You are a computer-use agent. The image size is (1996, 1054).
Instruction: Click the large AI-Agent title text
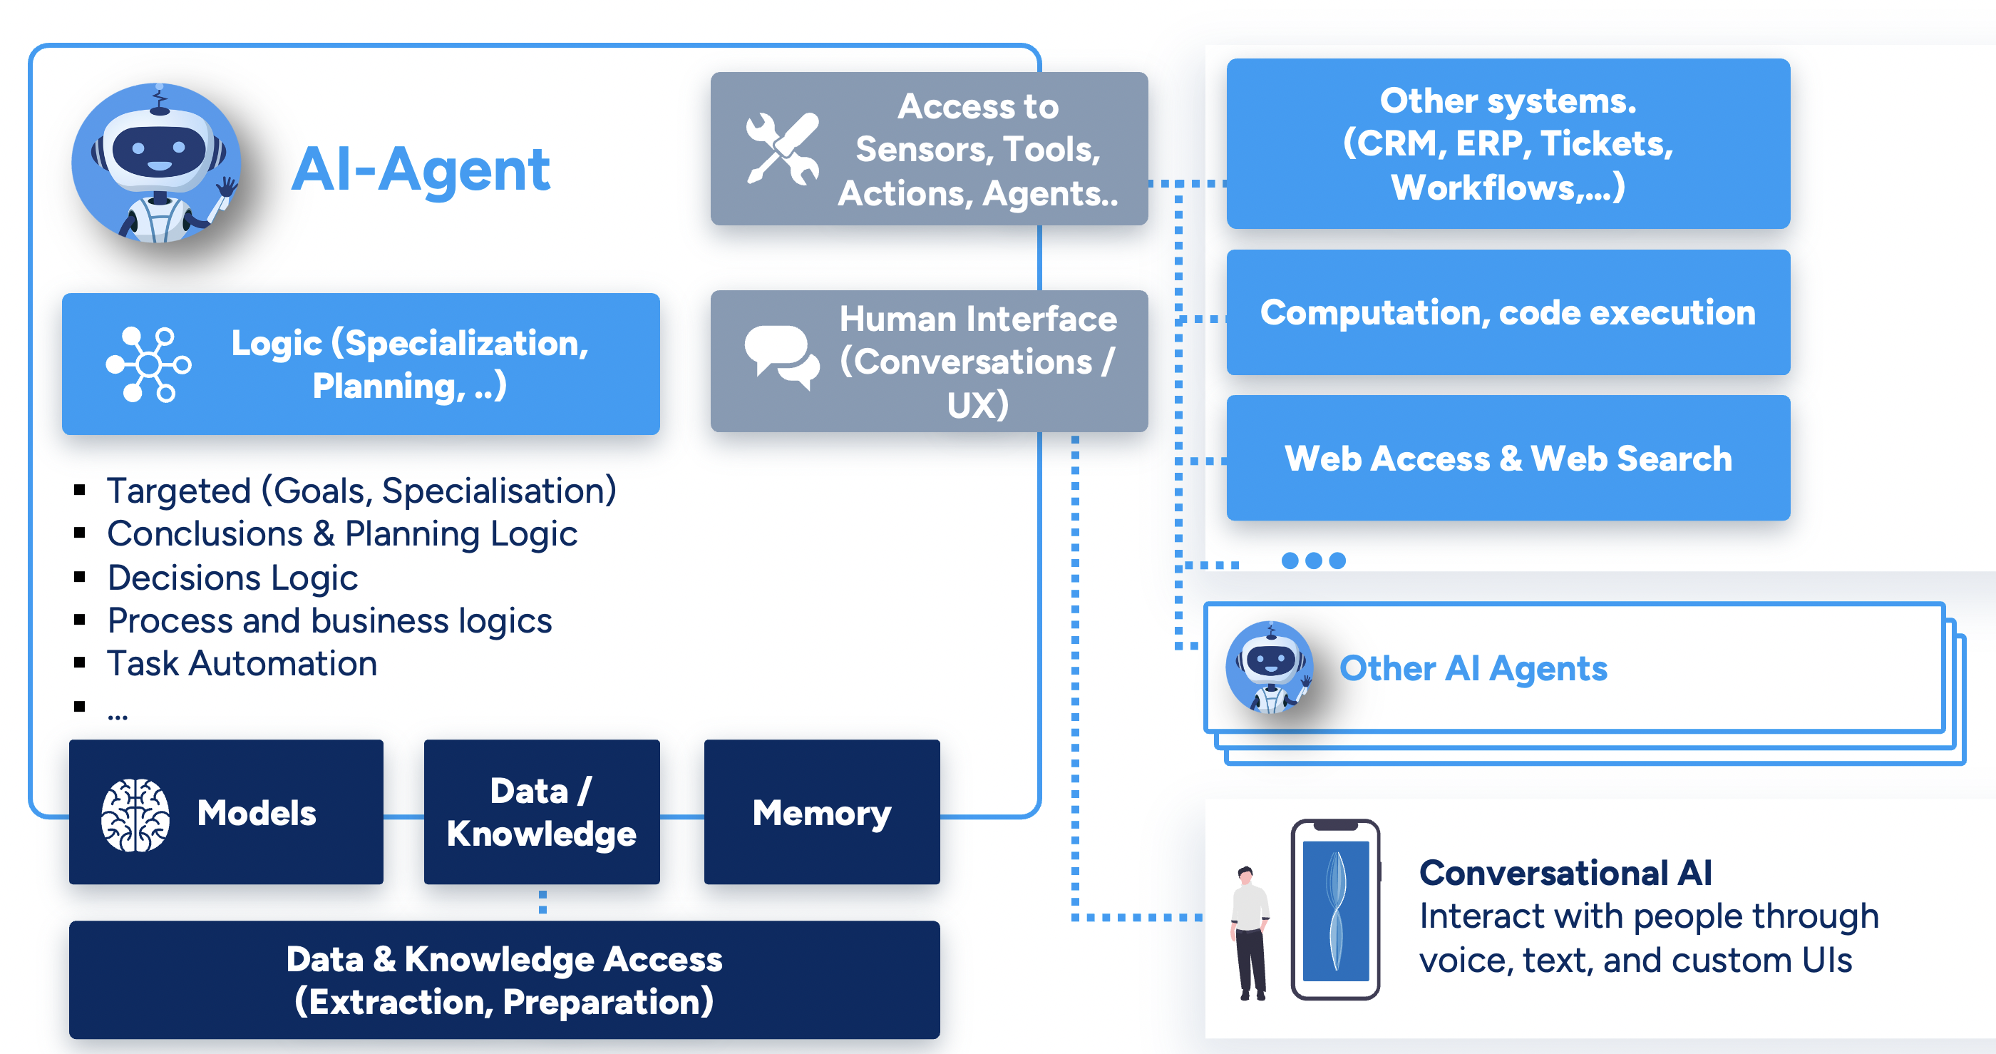click(x=421, y=169)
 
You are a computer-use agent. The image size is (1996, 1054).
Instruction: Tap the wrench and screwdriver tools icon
click(x=782, y=149)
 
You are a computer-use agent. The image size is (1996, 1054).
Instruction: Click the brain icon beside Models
click(x=135, y=814)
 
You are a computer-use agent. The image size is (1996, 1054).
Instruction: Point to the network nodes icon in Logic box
click(x=149, y=364)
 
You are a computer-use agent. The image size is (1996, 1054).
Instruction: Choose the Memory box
click(x=821, y=812)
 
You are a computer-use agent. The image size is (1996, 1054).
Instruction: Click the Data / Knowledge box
click(x=542, y=812)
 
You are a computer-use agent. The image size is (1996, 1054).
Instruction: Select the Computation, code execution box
click(x=1507, y=312)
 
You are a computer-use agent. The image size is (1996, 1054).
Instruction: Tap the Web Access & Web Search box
click(x=1507, y=458)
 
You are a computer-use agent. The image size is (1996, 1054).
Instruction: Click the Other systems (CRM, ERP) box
click(x=1507, y=144)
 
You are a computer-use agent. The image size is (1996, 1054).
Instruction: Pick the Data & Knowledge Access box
click(x=504, y=980)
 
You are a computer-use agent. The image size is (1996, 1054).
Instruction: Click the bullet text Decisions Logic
click(x=232, y=578)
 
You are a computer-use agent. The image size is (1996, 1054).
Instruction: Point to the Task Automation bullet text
click(x=242, y=663)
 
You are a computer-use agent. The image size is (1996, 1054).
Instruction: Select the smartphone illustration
click(x=1335, y=909)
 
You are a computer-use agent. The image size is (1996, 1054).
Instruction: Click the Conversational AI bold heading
click(x=1565, y=873)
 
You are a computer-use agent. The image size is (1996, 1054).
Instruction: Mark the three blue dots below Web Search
click(x=1313, y=561)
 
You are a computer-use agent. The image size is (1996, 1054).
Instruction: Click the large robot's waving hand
click(x=226, y=188)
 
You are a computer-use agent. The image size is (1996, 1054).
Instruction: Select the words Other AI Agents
click(x=1473, y=668)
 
